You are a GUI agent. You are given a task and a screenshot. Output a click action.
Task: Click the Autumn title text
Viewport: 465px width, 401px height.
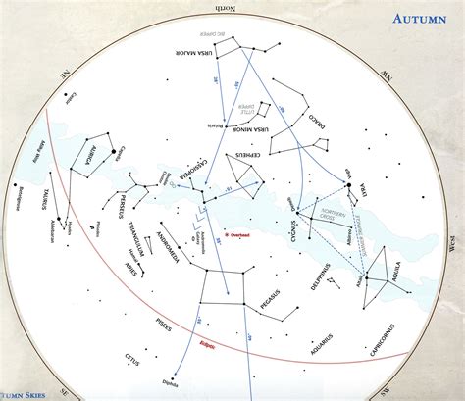[x=421, y=18]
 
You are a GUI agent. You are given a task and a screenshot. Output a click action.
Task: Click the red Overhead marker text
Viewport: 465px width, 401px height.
[x=238, y=235]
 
